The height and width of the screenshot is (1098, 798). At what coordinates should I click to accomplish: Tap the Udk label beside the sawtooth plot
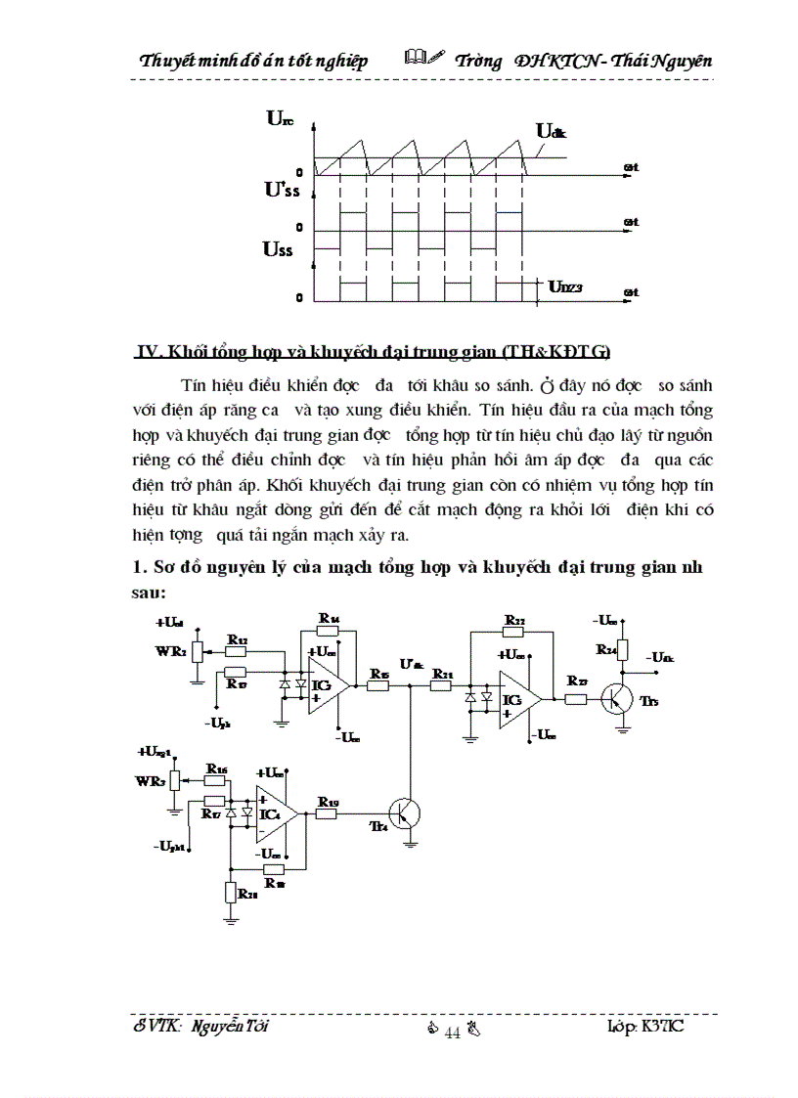[x=549, y=131]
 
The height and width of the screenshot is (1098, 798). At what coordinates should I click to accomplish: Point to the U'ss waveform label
[x=282, y=190]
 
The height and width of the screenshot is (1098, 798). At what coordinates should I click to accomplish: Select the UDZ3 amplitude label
[x=564, y=286]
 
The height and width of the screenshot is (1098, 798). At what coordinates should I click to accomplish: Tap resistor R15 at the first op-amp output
[x=378, y=684]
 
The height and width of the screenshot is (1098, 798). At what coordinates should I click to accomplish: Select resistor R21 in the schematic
[x=442, y=684]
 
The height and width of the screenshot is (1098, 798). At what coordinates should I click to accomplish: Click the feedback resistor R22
[x=514, y=631]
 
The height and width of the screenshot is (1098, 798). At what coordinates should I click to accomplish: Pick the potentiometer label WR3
[x=150, y=780]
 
